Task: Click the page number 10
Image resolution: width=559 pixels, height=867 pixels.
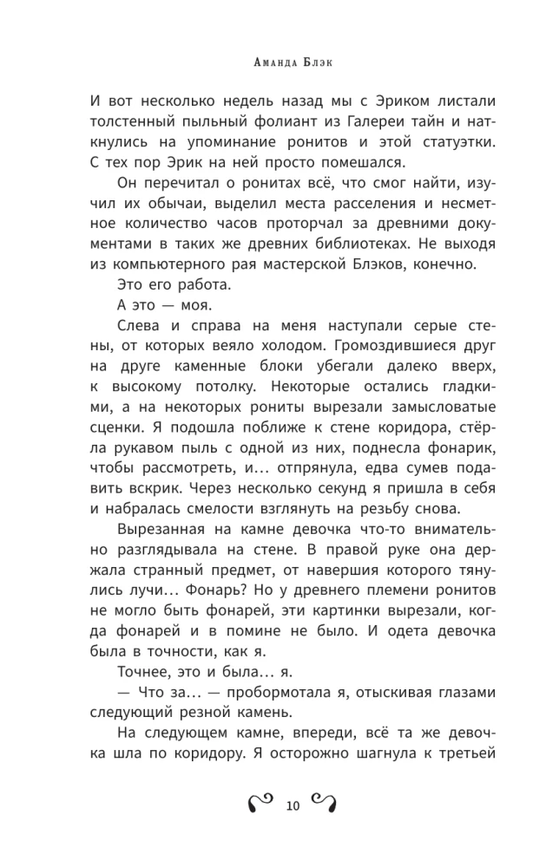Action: tap(292, 806)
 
